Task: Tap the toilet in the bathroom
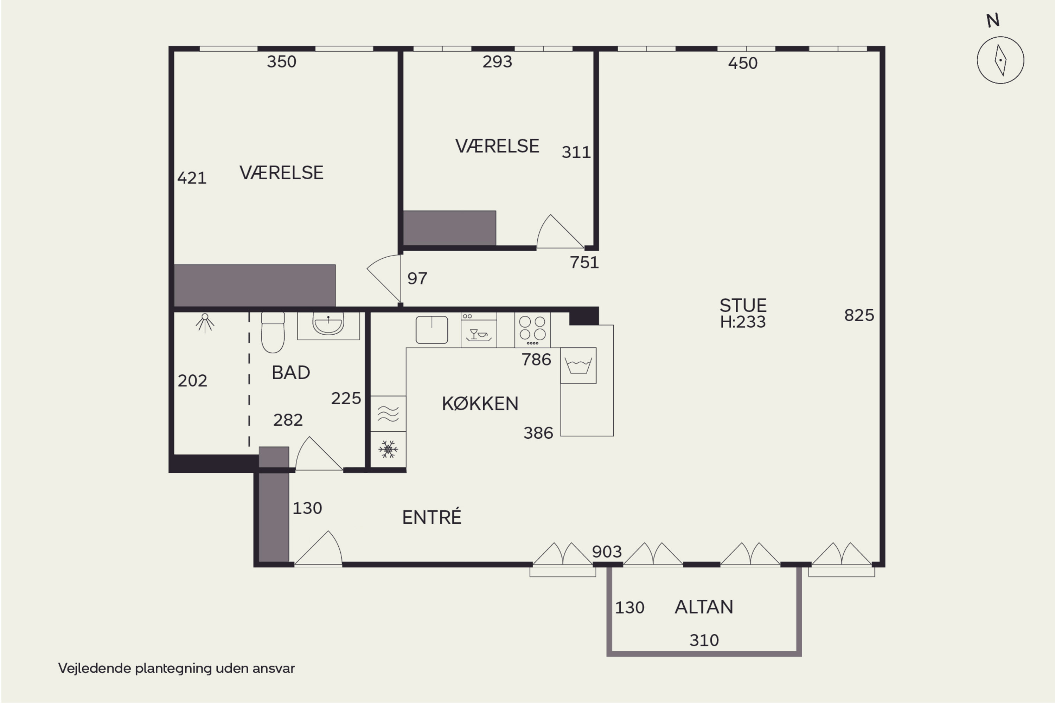(x=273, y=333)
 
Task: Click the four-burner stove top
(x=532, y=330)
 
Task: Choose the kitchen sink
(x=431, y=330)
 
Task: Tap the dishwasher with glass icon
(x=479, y=330)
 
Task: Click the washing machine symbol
(x=578, y=366)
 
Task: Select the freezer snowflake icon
(x=388, y=449)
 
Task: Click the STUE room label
(x=743, y=306)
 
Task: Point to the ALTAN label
(x=704, y=607)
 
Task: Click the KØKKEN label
(x=480, y=404)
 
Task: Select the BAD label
(x=291, y=373)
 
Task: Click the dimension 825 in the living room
(x=859, y=315)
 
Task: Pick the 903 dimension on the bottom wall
(x=607, y=552)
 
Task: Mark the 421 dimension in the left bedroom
(x=192, y=178)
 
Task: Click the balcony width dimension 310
(x=704, y=640)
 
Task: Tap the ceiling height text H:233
(x=743, y=322)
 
